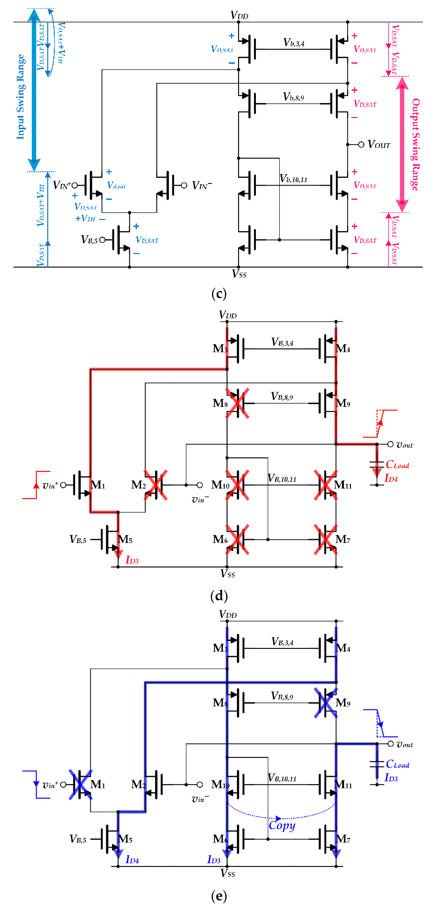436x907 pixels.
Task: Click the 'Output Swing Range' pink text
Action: [416, 144]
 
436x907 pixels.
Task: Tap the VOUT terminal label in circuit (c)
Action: [379, 144]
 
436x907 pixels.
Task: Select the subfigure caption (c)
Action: [219, 293]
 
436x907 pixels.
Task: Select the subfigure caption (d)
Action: [219, 596]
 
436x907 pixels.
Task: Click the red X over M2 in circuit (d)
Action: [155, 485]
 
